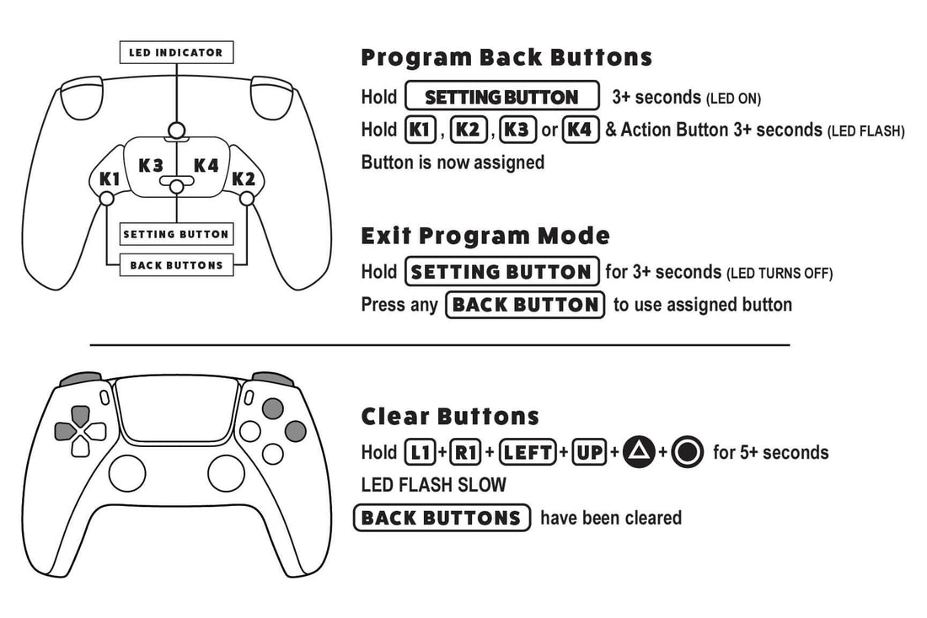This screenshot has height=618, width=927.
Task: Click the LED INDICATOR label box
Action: pos(176,52)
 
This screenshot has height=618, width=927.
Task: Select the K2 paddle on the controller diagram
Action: pos(243,178)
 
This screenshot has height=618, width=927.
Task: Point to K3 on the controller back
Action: pos(151,165)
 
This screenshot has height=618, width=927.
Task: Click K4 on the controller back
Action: pos(206,165)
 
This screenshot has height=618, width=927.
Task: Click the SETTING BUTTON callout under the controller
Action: pos(176,234)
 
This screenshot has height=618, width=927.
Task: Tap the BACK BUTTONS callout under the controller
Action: pos(176,265)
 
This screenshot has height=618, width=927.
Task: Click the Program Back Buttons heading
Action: pos(506,57)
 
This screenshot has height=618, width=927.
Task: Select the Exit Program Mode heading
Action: pos(485,235)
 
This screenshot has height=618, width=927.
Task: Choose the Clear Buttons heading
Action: pos(450,416)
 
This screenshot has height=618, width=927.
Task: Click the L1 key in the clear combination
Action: pos(421,453)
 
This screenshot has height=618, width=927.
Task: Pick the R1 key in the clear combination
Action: pos(466,453)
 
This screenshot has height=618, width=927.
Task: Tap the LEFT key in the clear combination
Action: pos(528,453)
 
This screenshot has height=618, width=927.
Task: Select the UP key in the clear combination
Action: pos(590,453)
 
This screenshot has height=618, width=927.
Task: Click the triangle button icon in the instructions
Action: pos(639,453)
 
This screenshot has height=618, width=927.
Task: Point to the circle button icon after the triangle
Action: pos(688,453)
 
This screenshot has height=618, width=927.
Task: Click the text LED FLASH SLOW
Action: pos(434,485)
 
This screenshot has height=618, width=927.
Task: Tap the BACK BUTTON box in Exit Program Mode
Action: pos(526,305)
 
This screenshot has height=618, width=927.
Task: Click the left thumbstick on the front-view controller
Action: pos(127,473)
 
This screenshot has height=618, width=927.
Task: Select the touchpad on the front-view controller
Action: pos(176,409)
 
